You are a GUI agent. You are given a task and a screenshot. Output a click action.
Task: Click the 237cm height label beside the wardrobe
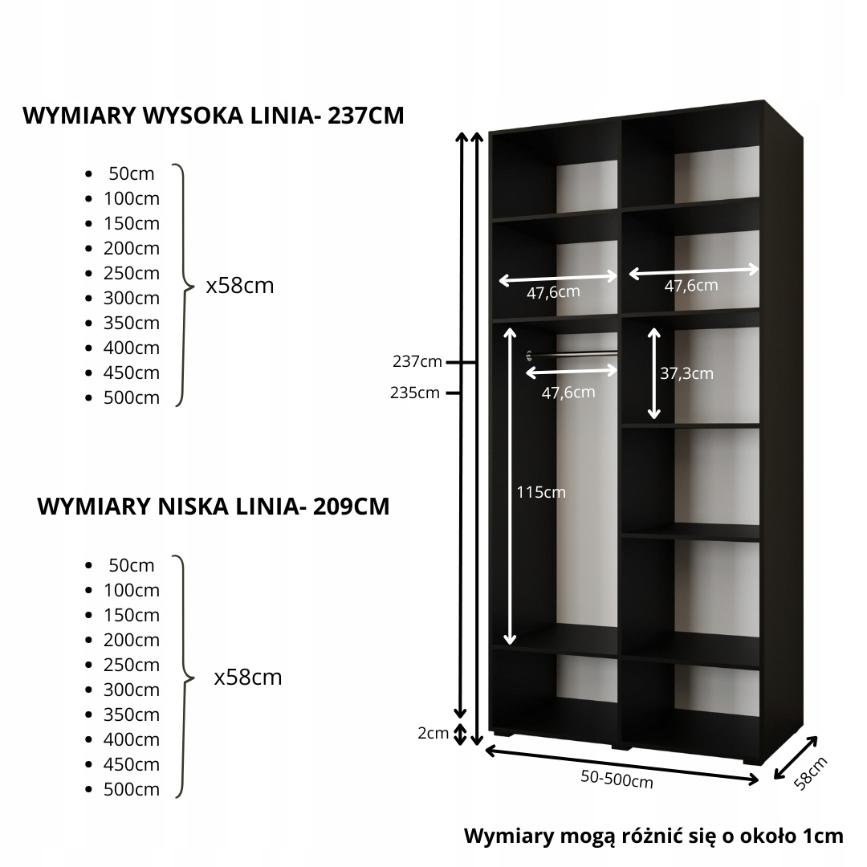417,362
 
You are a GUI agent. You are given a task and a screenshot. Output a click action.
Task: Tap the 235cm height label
416,393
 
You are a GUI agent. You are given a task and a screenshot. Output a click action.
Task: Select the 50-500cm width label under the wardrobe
617,779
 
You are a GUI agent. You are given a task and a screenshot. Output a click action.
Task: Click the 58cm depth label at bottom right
810,772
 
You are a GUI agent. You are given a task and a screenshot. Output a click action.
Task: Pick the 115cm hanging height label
541,492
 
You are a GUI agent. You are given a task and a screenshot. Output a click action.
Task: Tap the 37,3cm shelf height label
686,373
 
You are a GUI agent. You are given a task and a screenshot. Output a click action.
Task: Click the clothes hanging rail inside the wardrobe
573,354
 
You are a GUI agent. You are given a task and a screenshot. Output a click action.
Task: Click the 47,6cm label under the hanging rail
568,392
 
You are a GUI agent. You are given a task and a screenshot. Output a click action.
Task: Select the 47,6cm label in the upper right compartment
691,285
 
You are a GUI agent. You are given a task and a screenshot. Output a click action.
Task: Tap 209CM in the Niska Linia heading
352,507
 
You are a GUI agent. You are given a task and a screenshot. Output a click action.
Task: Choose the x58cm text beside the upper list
240,285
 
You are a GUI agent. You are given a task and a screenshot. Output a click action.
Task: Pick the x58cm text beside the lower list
248,678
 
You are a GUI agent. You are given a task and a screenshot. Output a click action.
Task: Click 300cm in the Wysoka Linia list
132,298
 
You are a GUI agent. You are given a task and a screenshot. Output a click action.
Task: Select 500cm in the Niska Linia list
132,789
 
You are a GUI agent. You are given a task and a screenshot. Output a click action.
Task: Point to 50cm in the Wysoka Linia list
132,173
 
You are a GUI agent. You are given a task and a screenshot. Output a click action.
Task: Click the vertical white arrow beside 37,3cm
654,373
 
